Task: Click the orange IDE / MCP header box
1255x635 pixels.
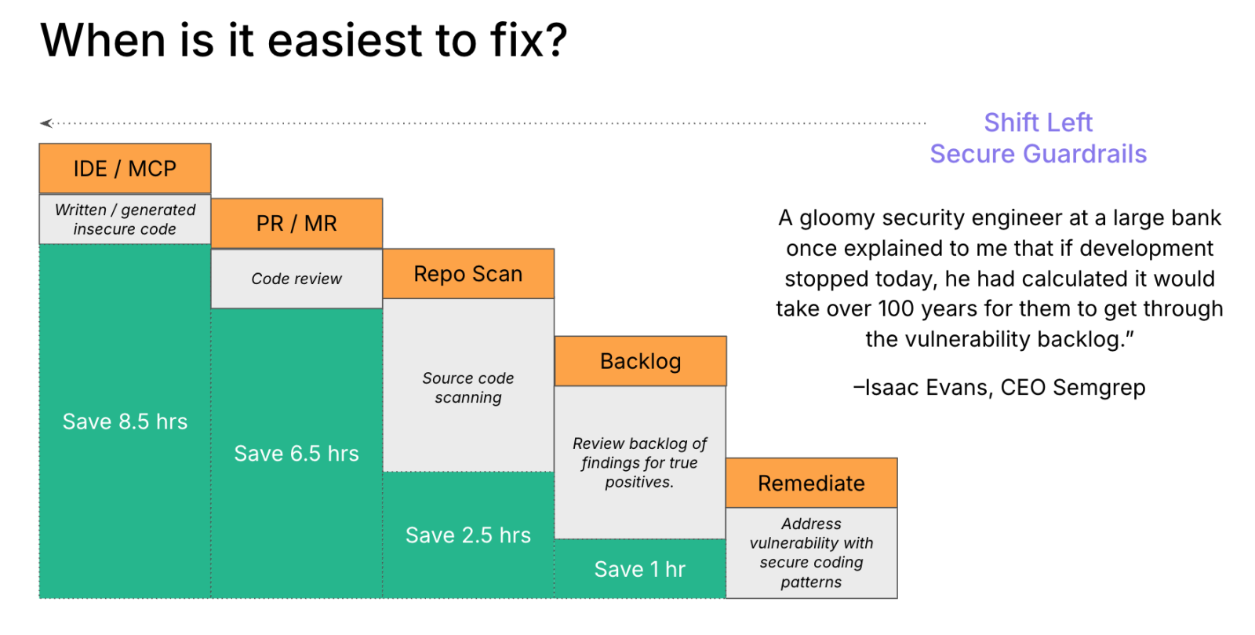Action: [125, 169]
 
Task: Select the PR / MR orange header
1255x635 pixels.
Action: [296, 224]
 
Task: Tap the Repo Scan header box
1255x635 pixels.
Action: [468, 274]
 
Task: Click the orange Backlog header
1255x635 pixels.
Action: [640, 361]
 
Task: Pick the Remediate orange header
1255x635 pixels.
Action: [811, 483]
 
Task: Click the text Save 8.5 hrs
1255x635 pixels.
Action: [125, 422]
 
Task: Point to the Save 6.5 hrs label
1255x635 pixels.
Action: [296, 454]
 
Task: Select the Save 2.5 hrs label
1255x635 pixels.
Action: [468, 535]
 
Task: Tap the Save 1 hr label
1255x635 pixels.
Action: [640, 569]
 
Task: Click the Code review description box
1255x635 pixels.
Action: [296, 279]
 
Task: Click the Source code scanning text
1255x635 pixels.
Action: [468, 388]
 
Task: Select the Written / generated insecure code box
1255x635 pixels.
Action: [125, 220]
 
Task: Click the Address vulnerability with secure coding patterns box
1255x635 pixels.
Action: [811, 553]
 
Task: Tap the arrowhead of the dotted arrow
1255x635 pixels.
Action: [46, 123]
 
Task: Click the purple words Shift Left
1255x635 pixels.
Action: [1038, 122]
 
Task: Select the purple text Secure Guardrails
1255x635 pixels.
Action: [1038, 154]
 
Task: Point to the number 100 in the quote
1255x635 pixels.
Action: [895, 308]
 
